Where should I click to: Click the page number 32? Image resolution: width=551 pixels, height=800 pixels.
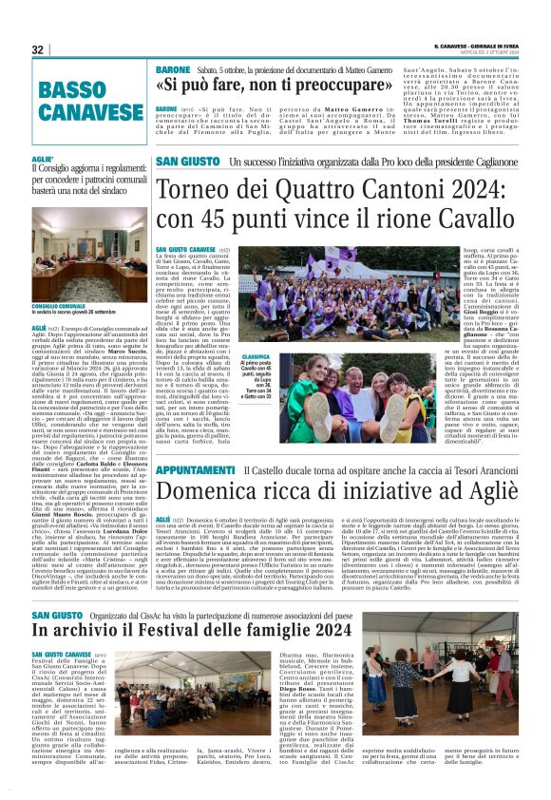38,49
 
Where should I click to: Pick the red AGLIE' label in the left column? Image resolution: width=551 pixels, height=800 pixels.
42,159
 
